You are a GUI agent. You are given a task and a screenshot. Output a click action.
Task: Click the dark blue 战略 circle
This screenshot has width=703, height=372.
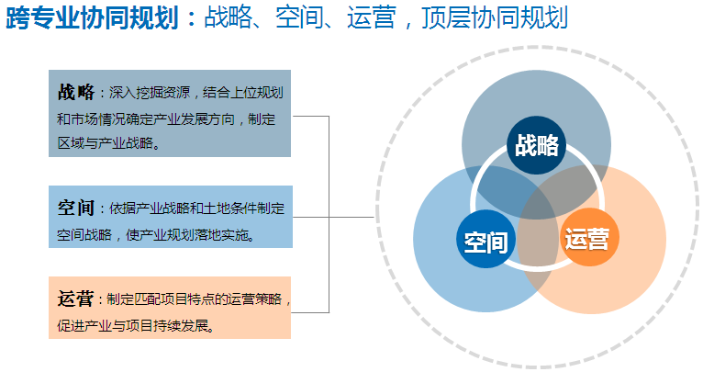pos(536,145)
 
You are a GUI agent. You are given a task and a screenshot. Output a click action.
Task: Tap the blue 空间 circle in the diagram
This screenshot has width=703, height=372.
pos(486,239)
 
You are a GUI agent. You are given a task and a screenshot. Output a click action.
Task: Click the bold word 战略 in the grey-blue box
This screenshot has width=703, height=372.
pos(76,92)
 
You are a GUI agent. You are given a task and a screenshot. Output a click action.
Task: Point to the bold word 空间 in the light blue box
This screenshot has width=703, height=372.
pos(76,208)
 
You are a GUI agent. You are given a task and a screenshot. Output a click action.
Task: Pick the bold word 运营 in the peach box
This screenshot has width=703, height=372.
pos(75,299)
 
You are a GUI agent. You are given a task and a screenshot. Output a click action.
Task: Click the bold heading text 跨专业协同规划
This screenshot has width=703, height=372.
pos(93,18)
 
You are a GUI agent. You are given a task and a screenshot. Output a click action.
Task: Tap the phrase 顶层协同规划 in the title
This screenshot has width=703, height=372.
pos(495,18)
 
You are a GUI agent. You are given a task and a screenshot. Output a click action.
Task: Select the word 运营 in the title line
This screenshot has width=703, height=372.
pos(371,18)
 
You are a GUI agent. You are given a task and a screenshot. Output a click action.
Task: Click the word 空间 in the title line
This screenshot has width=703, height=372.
pos(299,18)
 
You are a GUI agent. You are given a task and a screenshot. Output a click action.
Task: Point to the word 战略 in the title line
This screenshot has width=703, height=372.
pos(228,18)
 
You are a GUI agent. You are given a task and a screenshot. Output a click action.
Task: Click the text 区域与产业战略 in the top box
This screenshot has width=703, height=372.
pos(106,143)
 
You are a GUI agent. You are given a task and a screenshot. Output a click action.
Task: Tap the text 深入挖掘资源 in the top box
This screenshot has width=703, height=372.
pos(150,93)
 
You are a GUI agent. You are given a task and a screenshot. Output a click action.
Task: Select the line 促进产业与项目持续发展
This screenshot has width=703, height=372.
pos(133,326)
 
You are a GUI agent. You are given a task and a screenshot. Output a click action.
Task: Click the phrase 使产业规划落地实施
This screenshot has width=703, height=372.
pos(187,235)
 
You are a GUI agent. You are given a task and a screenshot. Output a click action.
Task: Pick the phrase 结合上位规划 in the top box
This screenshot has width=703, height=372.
pos(243,93)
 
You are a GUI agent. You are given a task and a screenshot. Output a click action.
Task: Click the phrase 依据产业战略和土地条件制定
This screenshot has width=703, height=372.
pos(196,209)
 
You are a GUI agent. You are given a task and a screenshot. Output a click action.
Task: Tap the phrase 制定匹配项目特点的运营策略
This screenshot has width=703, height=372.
pos(195,299)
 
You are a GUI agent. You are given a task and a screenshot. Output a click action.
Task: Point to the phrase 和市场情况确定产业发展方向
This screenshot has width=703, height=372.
pos(146,119)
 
